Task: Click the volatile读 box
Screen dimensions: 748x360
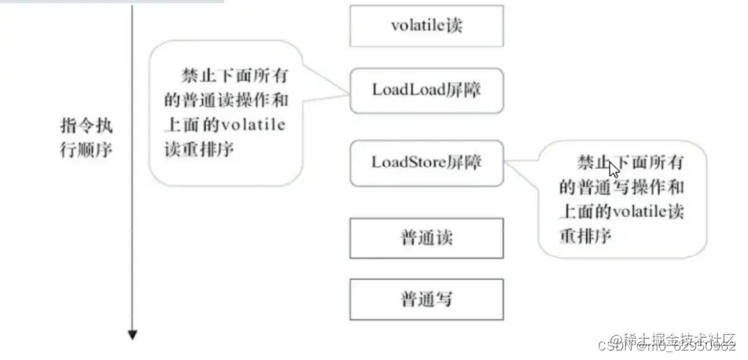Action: (x=426, y=26)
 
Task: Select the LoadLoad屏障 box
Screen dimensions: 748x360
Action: (x=426, y=89)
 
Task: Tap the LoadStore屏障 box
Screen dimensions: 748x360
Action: (x=426, y=163)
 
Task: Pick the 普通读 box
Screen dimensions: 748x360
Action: (x=426, y=238)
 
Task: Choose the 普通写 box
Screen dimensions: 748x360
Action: (x=426, y=299)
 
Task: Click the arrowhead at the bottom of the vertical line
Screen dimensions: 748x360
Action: (x=133, y=336)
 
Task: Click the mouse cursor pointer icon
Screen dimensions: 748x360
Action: (x=614, y=169)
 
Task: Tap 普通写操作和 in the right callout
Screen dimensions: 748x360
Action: (x=621, y=187)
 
